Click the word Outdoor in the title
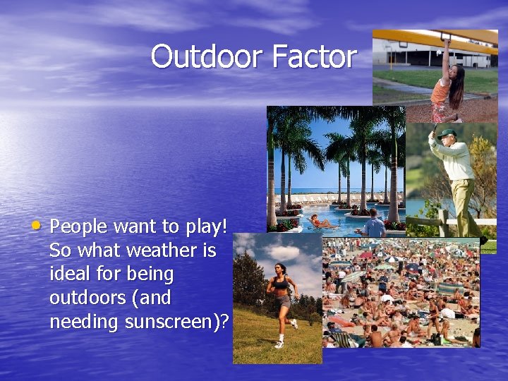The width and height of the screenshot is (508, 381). pyautogui.click(x=201, y=56)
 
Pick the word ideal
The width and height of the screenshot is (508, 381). pyautogui.click(x=70, y=274)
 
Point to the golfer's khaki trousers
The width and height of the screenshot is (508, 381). pyautogui.click(x=464, y=205)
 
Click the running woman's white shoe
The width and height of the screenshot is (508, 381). pyautogui.click(x=279, y=344)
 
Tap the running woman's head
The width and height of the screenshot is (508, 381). pyautogui.click(x=280, y=270)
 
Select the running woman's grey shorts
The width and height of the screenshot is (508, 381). pyautogui.click(x=282, y=301)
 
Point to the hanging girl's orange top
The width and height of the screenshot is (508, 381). pyautogui.click(x=442, y=91)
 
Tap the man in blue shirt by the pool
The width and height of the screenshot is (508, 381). pyautogui.click(x=374, y=226)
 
